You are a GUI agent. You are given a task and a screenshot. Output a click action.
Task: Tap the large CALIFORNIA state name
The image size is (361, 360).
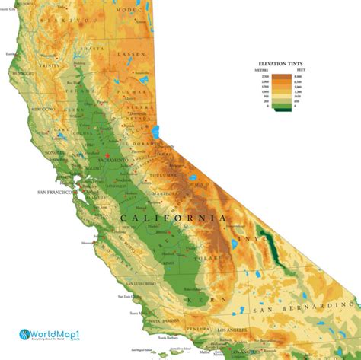(x=173, y=218)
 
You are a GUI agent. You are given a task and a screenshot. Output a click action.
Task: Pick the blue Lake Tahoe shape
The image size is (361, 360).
(x=155, y=132)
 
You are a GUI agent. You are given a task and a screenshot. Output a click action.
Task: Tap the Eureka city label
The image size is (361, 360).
(x=10, y=54)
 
